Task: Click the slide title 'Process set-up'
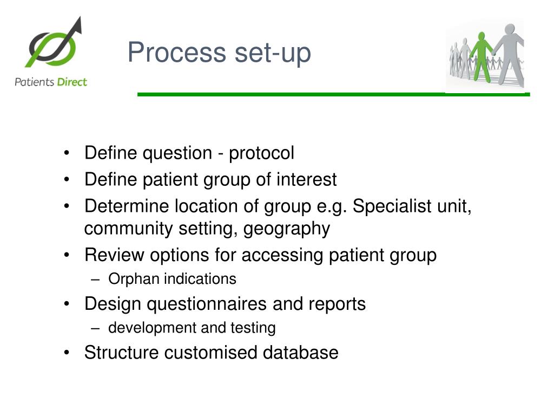coord(219,53)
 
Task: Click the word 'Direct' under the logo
coord(72,82)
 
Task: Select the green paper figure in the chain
coord(481,55)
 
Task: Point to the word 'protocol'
coord(261,153)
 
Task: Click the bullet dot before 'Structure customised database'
coord(67,353)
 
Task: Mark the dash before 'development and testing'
coord(96,328)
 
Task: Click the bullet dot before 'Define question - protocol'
coord(67,153)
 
